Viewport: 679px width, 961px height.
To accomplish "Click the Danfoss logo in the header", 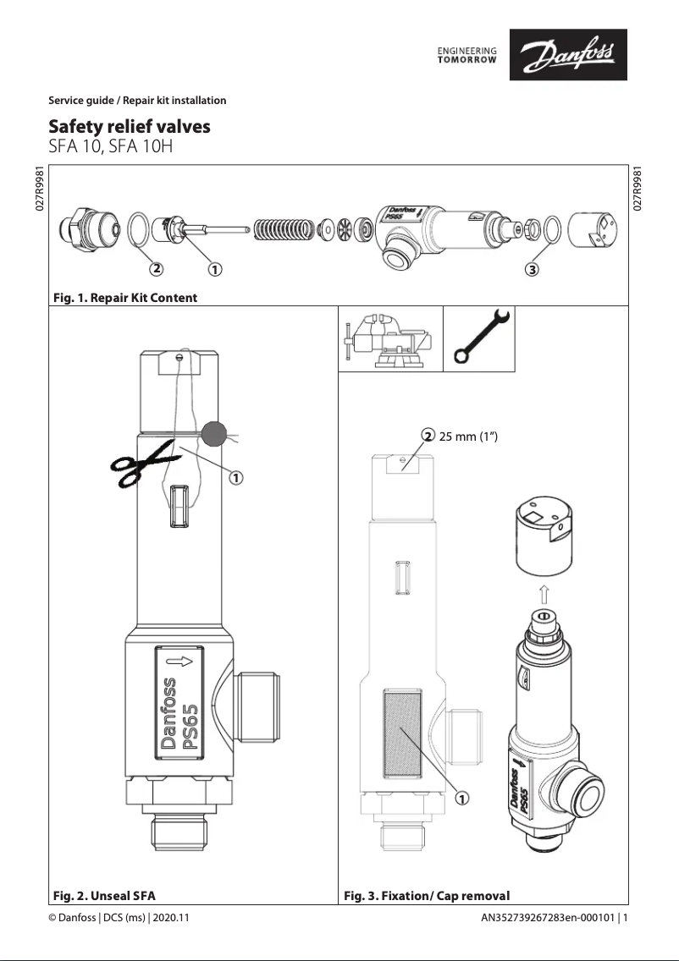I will pos(567,55).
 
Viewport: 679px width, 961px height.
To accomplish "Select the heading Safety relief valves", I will pos(130,127).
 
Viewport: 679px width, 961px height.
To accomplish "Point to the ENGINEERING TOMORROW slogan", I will pos(466,55).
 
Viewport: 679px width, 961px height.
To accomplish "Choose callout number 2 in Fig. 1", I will pos(156,270).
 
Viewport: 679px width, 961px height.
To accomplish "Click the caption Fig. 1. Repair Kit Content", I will pos(124,298).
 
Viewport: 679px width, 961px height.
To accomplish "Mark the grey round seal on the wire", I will pos(213,434).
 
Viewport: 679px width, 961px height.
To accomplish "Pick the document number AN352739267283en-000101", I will pos(548,918).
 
